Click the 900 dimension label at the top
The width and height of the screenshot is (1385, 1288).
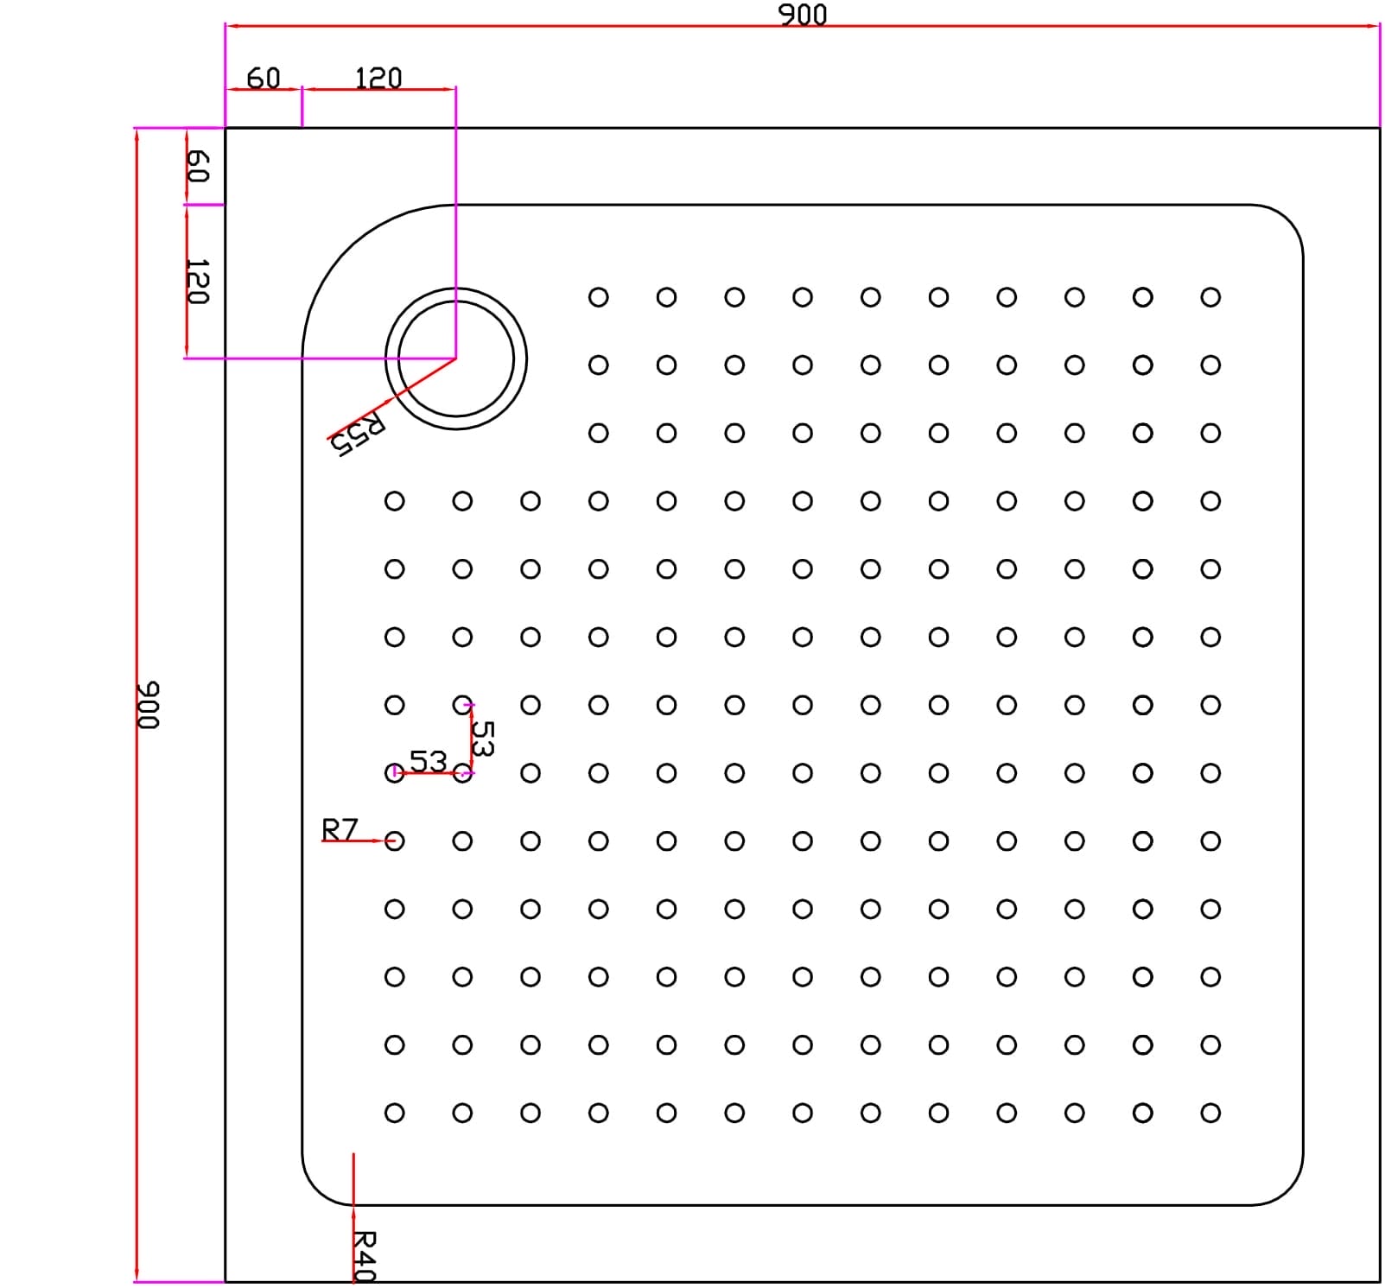pos(803,14)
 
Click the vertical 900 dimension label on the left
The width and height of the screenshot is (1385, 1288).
pos(149,705)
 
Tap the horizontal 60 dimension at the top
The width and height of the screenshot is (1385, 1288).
pos(264,78)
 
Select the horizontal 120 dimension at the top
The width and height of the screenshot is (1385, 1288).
pos(378,78)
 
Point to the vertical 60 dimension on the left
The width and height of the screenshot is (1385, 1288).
pos(198,166)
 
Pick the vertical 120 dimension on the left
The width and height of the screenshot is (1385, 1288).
pos(198,281)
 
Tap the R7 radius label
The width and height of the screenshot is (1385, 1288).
pos(340,829)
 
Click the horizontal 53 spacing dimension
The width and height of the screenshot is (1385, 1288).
pos(428,761)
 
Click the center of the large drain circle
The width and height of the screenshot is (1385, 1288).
pos(455,358)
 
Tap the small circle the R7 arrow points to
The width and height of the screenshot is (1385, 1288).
pos(394,841)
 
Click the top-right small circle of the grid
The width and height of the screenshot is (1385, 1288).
pos(1210,297)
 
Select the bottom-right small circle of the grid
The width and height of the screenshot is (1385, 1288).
pos(1210,1113)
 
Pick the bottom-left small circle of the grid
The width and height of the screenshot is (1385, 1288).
pos(394,1113)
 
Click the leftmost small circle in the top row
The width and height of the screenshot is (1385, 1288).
pos(598,297)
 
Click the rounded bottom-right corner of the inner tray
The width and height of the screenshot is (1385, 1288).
pos(1288,1190)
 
